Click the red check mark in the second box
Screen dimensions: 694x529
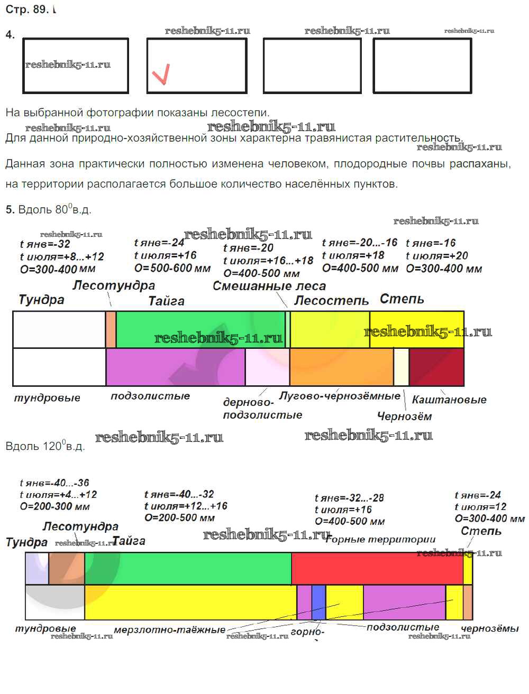coord(161,74)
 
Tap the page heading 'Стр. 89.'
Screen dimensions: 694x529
coord(27,9)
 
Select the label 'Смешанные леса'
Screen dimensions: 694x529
coord(269,286)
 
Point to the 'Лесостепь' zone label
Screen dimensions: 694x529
coord(331,300)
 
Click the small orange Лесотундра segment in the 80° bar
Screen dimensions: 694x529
coord(111,329)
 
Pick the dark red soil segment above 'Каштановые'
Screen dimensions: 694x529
coord(436,367)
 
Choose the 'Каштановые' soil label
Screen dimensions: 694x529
coord(449,400)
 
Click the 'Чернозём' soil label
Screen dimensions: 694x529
coord(404,417)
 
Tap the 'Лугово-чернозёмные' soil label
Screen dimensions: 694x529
coord(340,396)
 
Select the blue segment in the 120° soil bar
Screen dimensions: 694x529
coord(318,602)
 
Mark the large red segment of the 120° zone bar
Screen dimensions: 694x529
coord(377,569)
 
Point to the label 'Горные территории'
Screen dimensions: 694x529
coord(381,540)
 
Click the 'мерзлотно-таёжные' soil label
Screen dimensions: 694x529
coord(169,630)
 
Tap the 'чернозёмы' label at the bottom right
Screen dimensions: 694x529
coord(489,628)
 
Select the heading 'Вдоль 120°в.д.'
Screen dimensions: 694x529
coord(45,446)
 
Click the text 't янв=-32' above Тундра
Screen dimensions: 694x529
coord(44,244)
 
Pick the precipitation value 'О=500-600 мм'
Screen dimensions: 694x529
coord(172,268)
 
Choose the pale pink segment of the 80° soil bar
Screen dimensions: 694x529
coord(267,367)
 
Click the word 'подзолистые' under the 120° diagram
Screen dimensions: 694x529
coord(403,627)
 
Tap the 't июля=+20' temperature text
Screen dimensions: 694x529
coord(436,256)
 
